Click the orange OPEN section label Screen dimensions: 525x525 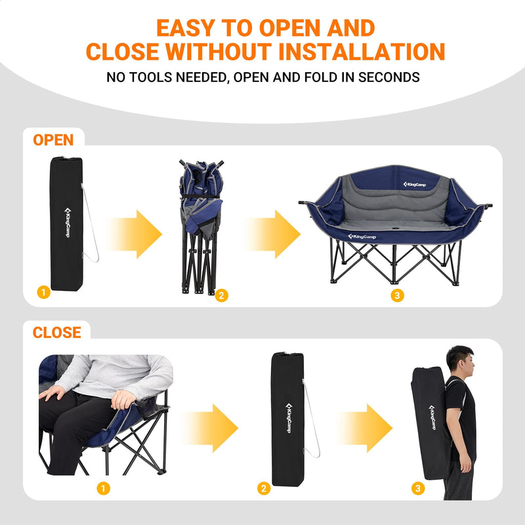(53, 140)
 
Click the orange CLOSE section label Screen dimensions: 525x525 (57, 333)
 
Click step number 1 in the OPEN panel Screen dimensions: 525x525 (43, 293)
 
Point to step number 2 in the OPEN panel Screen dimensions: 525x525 (222, 296)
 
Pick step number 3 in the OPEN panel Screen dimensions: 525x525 (396, 296)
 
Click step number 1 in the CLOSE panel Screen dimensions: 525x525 (102, 488)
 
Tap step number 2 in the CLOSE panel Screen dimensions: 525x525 (264, 488)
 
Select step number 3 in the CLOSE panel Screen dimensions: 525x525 (419, 488)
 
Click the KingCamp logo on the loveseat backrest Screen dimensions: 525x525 (415, 184)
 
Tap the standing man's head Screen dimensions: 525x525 (459, 359)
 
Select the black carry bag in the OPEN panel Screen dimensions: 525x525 (66, 222)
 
